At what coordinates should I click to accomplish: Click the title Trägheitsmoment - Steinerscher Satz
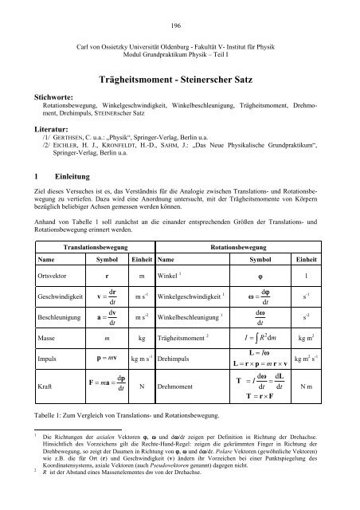tap(180, 80)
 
